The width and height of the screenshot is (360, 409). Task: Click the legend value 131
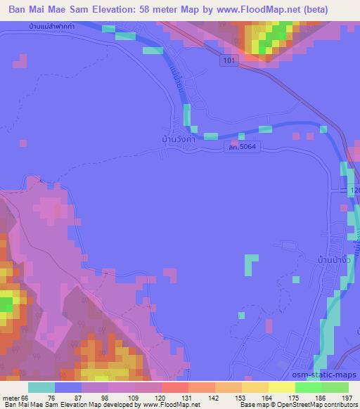186,398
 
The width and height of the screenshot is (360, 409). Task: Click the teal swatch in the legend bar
41,387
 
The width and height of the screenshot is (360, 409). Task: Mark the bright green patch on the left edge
6,304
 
